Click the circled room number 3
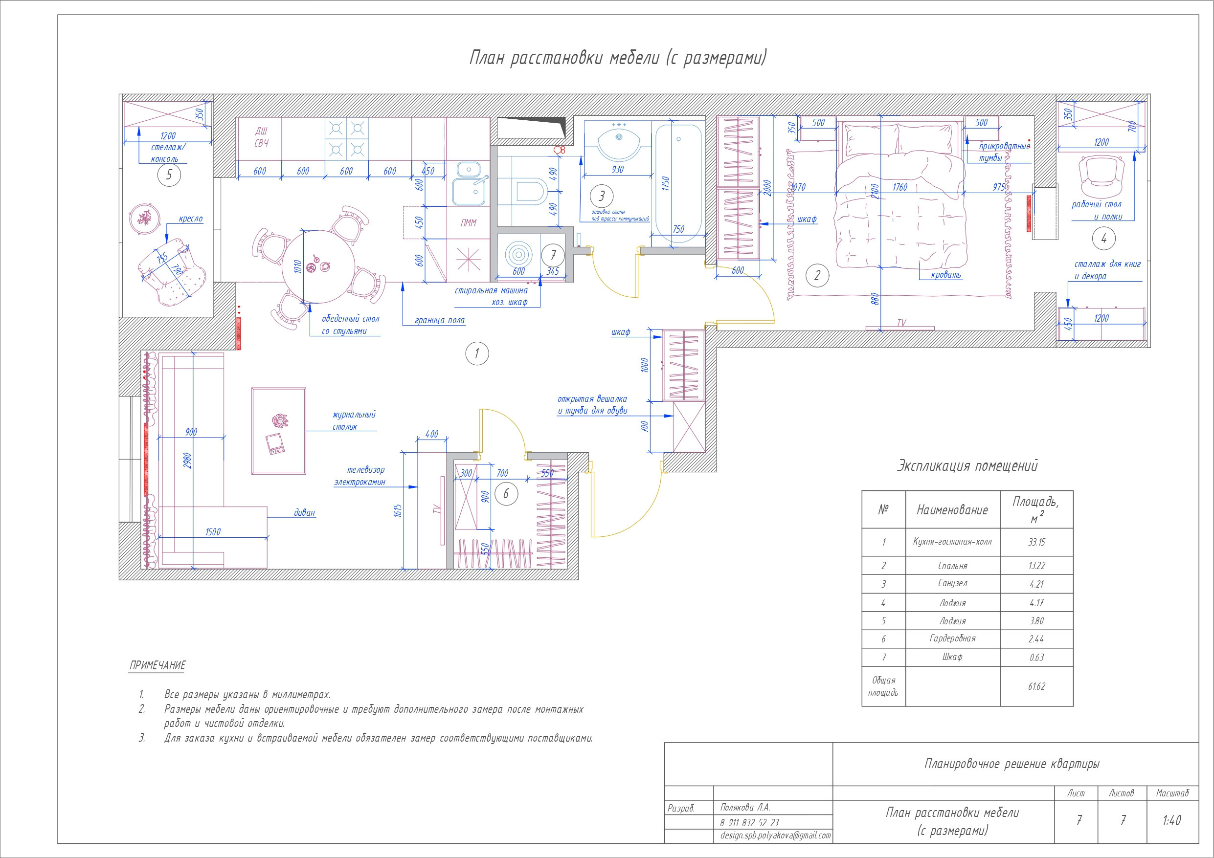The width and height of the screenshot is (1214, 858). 601,196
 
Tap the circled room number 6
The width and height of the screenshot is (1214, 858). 506,494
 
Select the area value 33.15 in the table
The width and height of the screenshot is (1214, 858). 1036,542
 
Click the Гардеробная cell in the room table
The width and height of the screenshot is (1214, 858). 952,638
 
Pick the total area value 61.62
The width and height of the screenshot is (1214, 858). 1036,686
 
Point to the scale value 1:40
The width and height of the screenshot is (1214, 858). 1172,820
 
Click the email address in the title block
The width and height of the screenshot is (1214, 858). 775,836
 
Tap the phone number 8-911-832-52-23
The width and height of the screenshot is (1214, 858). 749,823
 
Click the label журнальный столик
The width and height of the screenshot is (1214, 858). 354,421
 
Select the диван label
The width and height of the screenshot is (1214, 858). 305,512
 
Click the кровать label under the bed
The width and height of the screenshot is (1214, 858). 946,275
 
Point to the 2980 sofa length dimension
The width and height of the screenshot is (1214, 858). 188,461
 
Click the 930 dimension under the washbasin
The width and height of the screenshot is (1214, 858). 618,170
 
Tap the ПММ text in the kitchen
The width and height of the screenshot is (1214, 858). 468,223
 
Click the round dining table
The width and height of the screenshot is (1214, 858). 319,267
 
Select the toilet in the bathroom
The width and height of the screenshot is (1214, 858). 529,191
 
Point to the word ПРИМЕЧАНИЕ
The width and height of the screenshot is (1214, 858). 157,665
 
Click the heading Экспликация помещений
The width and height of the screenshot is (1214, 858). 967,466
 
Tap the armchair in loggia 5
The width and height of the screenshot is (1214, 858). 172,272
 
